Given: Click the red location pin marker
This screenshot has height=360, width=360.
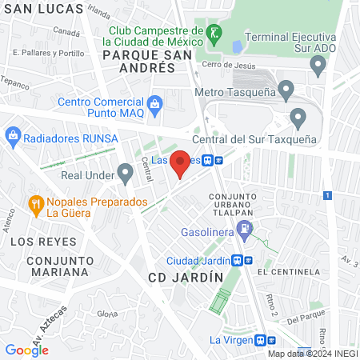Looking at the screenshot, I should pos(181,163).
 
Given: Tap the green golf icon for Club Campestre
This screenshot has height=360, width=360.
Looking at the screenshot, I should pos(214,34).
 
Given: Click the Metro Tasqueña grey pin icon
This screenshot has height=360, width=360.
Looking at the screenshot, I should pos(286,88).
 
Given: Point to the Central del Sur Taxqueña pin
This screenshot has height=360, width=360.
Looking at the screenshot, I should pos(298,118).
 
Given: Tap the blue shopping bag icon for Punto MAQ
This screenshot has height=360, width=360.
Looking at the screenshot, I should pos(155,103).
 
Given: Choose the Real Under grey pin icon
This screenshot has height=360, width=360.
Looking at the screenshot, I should pos(125,171).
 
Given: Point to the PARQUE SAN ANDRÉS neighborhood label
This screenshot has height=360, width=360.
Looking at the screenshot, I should pos(141,62).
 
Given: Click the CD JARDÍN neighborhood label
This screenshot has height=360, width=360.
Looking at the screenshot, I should pos(186,277).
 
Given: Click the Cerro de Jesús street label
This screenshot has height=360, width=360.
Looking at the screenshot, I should pos(231,65).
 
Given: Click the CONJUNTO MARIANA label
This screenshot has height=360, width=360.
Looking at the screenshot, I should pos(56,266).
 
